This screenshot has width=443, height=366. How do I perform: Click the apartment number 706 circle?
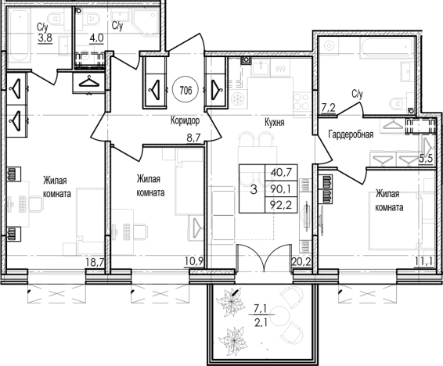tap(185, 91)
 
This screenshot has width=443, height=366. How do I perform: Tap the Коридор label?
tap(185, 120)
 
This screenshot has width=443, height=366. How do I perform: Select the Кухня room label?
tap(275, 123)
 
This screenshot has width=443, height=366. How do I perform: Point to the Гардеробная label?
tap(351, 135)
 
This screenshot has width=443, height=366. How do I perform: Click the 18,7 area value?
tap(95, 263)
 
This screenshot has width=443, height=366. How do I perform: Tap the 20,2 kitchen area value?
tap(301, 262)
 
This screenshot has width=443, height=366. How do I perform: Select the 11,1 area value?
tap(423, 261)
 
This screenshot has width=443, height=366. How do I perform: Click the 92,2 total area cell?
tap(281, 205)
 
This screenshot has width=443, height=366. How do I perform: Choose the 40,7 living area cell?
tap(281, 172)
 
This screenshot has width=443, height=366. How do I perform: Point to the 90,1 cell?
tap(281, 188)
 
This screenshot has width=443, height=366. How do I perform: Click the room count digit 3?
tap(254, 189)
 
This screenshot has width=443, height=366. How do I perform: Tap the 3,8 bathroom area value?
tap(45, 38)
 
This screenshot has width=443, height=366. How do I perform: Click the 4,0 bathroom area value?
tap(96, 38)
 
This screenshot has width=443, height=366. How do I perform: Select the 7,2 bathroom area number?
tap(329, 107)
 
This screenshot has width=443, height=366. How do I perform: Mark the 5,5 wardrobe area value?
tap(426, 159)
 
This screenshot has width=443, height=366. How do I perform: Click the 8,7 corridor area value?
tap(193, 138)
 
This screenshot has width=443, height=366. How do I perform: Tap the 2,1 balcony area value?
tap(261, 322)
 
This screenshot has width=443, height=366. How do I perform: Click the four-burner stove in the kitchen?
tap(302, 102)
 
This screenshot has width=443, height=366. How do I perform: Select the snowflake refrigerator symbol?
tap(237, 99)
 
